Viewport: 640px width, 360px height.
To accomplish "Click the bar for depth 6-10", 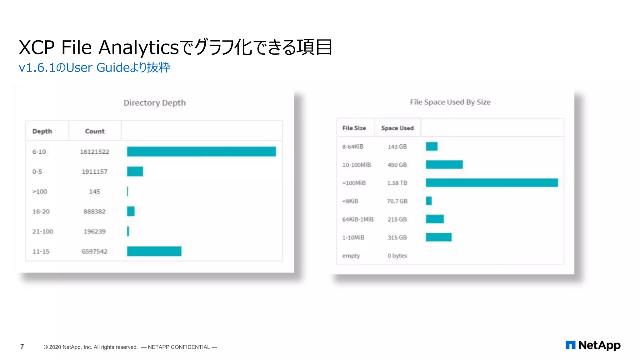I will pyautogui.click(x=201, y=152).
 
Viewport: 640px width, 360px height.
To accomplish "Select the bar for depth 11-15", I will pyautogui.click(x=154, y=251).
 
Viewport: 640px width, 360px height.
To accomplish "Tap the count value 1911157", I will pyautogui.click(x=94, y=172).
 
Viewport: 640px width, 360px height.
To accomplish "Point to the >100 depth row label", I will pyautogui.click(x=40, y=192).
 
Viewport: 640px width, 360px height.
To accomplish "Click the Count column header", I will pyautogui.click(x=95, y=131).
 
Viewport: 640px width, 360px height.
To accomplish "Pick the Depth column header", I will pyautogui.click(x=42, y=131).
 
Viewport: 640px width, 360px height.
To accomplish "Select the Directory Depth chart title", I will pyautogui.click(x=154, y=103).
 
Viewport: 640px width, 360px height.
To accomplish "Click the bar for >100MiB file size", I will pyautogui.click(x=492, y=183).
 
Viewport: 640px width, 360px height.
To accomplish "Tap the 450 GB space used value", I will pyautogui.click(x=397, y=165).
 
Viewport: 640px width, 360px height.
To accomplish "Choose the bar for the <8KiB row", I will pyautogui.click(x=429, y=201).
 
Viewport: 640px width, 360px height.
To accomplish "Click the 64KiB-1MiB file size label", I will pyautogui.click(x=358, y=219).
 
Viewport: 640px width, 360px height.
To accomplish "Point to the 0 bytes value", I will pyautogui.click(x=397, y=256).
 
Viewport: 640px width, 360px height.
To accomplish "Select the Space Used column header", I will pyautogui.click(x=397, y=128).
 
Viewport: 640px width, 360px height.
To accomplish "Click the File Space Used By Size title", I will pyautogui.click(x=450, y=102).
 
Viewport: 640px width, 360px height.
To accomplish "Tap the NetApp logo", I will pyautogui.click(x=593, y=345).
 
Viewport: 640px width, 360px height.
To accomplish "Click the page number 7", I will pyautogui.click(x=22, y=347).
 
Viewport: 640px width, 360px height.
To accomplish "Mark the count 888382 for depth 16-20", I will pyautogui.click(x=94, y=212).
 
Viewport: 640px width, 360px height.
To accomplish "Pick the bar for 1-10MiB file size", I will pyautogui.click(x=438, y=237).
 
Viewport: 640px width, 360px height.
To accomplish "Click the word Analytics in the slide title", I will pyautogui.click(x=138, y=47).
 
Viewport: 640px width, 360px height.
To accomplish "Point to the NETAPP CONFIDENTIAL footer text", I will pyautogui.click(x=179, y=347).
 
